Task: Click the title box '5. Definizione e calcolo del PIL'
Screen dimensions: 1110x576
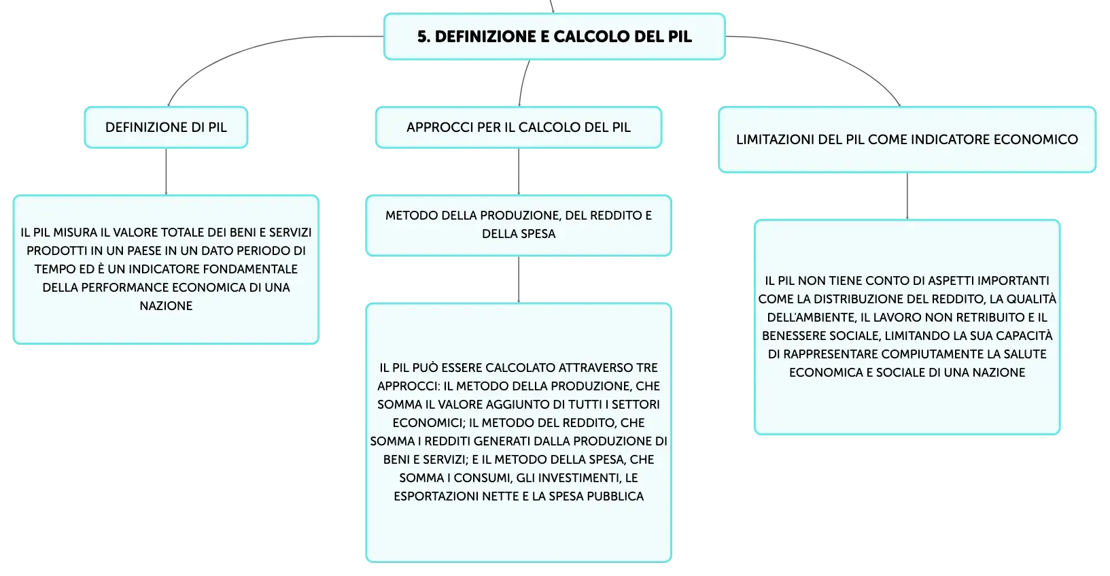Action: coord(555,37)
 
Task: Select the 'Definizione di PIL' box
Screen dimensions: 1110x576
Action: coord(166,127)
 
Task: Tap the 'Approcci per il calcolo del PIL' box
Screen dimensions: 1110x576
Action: coord(519,127)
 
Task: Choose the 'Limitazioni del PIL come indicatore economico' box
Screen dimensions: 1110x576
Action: coord(907,139)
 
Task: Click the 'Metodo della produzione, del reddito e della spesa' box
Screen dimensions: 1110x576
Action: coord(519,226)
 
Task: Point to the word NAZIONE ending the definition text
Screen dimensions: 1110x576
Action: coord(166,306)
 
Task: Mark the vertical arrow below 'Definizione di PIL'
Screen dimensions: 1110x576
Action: coord(166,171)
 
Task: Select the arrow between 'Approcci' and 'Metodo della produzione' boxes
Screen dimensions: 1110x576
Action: coord(519,171)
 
